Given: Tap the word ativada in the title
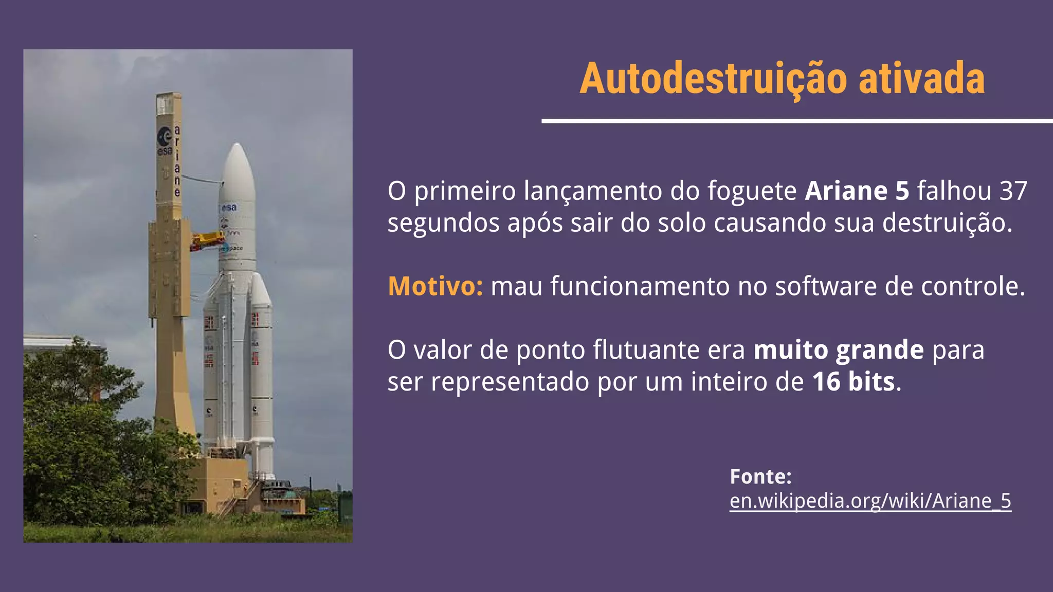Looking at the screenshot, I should [x=921, y=79].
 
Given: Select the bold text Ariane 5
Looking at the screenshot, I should [x=857, y=191].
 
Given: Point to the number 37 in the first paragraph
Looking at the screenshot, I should [x=1013, y=191].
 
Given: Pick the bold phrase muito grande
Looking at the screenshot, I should [x=839, y=350].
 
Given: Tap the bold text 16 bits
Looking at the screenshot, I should [x=854, y=382].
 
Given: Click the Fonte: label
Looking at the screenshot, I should [x=760, y=476].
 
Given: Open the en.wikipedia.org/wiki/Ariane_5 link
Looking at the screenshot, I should [x=870, y=501].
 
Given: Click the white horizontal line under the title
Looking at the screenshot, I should [x=797, y=121].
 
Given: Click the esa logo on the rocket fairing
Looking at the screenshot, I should [x=229, y=208].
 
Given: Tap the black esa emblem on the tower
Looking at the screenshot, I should [x=165, y=138].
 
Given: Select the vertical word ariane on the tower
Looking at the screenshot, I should [x=177, y=160].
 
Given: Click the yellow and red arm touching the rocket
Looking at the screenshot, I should [x=208, y=240].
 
